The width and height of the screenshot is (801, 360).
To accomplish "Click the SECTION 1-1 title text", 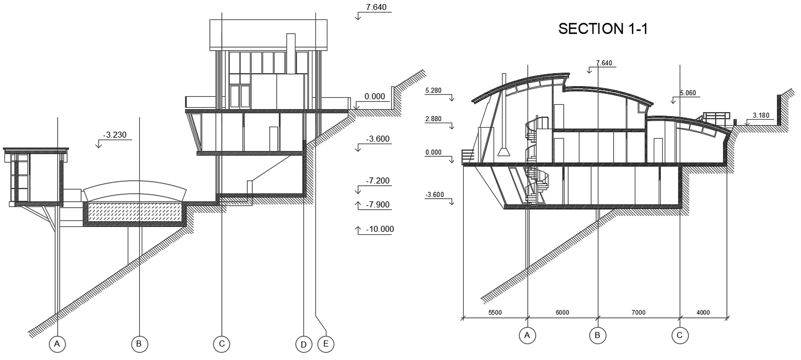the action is click(x=603, y=29).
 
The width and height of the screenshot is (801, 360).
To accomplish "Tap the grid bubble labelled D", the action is click(x=303, y=344).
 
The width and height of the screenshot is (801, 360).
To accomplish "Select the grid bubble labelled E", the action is click(x=326, y=344).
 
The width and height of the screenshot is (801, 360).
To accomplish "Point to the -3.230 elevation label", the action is click(x=115, y=135).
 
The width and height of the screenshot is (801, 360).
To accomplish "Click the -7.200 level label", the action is click(x=377, y=181).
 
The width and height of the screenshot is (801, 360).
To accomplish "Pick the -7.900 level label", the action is click(x=377, y=205).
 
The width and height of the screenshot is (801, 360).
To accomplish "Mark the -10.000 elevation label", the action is click(x=380, y=229).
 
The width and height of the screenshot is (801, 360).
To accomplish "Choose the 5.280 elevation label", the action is click(x=434, y=91).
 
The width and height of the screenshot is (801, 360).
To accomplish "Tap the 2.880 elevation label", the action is click(x=434, y=119).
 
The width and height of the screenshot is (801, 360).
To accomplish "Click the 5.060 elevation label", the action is click(x=688, y=93).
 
